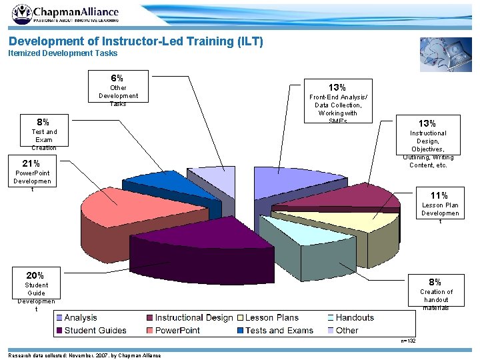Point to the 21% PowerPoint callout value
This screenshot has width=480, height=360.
pos(31,163)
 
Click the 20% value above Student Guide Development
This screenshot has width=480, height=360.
pos(35,275)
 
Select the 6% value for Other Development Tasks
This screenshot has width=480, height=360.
pos(117,78)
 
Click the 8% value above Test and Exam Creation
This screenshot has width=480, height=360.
pos(43,122)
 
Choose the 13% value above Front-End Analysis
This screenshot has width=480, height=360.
pos(337,87)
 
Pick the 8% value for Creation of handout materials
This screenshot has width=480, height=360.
pos(435,282)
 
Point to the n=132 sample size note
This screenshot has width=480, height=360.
pos(408,341)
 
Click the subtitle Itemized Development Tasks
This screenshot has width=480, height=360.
pos(63,53)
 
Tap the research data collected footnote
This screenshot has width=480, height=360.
pos(84,355)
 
